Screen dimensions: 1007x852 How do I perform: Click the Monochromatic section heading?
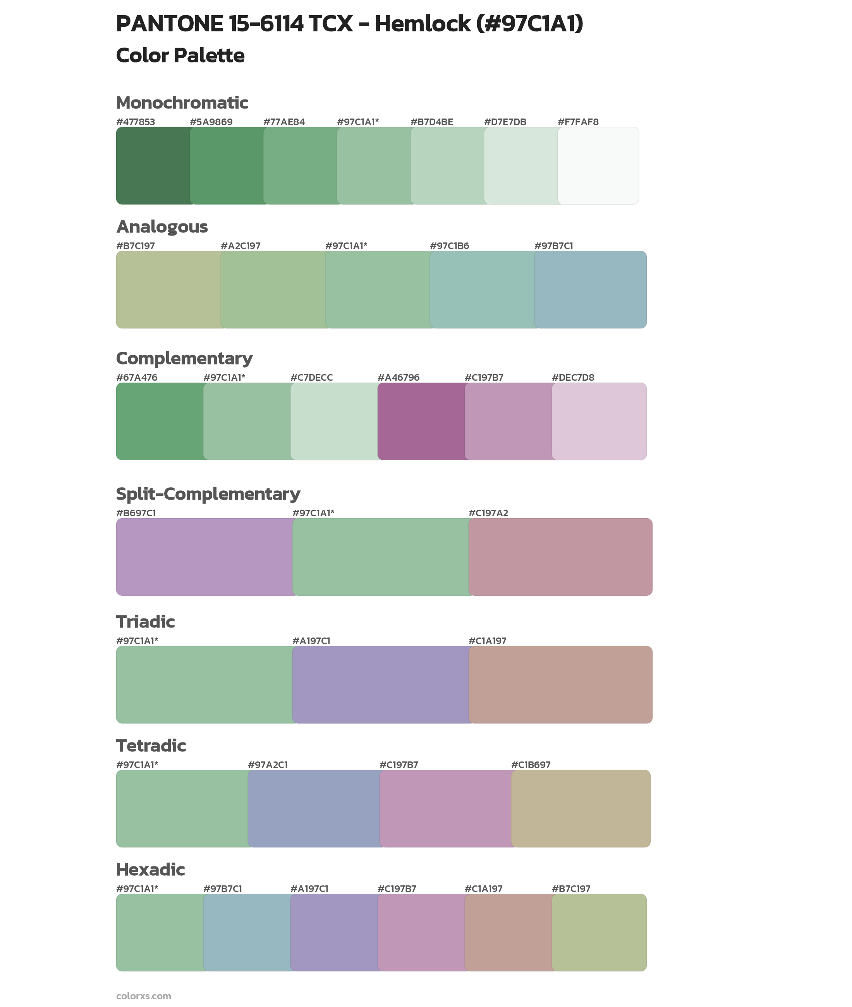pyautogui.click(x=182, y=103)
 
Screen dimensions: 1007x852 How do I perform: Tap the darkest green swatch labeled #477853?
pyautogui.click(x=153, y=166)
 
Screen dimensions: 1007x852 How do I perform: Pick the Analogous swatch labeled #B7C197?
pyautogui.click(x=168, y=290)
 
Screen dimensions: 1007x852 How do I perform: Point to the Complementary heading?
pyautogui.click(x=184, y=358)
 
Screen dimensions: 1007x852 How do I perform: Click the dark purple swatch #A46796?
pyautogui.click(x=420, y=421)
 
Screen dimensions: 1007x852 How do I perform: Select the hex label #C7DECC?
pyautogui.click(x=311, y=377)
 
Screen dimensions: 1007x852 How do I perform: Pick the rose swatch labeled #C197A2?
pyautogui.click(x=560, y=557)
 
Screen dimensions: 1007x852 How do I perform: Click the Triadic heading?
pyautogui.click(x=145, y=622)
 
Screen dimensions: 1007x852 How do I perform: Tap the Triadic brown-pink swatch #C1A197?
pyautogui.click(x=560, y=684)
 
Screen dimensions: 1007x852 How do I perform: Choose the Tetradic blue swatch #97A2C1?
pyautogui.click(x=314, y=808)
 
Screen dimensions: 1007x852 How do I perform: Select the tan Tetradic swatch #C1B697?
pyautogui.click(x=581, y=808)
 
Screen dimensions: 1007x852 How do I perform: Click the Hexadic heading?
pyautogui.click(x=150, y=870)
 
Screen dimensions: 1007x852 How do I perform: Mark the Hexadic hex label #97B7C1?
pyautogui.click(x=222, y=888)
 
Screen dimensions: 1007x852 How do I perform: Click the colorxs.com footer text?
pyautogui.click(x=143, y=996)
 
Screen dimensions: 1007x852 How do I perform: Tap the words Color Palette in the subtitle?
pyautogui.click(x=180, y=55)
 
